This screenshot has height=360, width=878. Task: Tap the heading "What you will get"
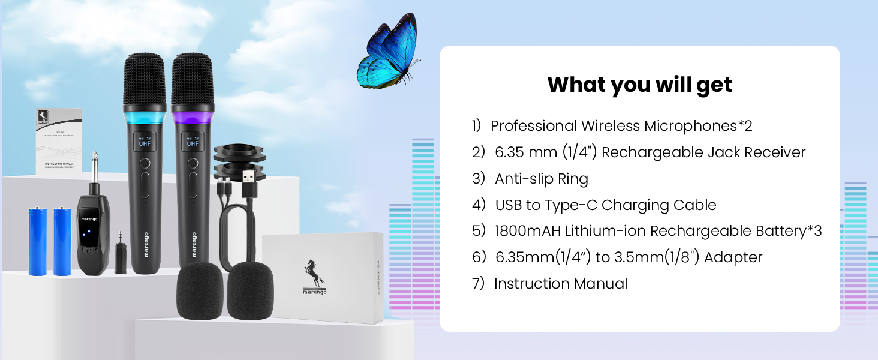[x=639, y=85]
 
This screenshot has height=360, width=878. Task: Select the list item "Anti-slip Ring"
[x=541, y=179]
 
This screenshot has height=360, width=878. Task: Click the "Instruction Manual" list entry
[x=560, y=284]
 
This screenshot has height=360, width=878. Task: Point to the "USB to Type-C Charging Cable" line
[x=605, y=205]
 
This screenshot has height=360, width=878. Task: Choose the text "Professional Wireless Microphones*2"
[x=621, y=126]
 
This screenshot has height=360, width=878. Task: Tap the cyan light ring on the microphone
[x=145, y=114]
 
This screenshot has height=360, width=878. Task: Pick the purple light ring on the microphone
[x=193, y=114]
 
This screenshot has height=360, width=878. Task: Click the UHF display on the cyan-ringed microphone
[x=145, y=142]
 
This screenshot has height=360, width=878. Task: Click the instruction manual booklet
[x=58, y=140]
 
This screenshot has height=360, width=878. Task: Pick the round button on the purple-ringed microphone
[x=193, y=163]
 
